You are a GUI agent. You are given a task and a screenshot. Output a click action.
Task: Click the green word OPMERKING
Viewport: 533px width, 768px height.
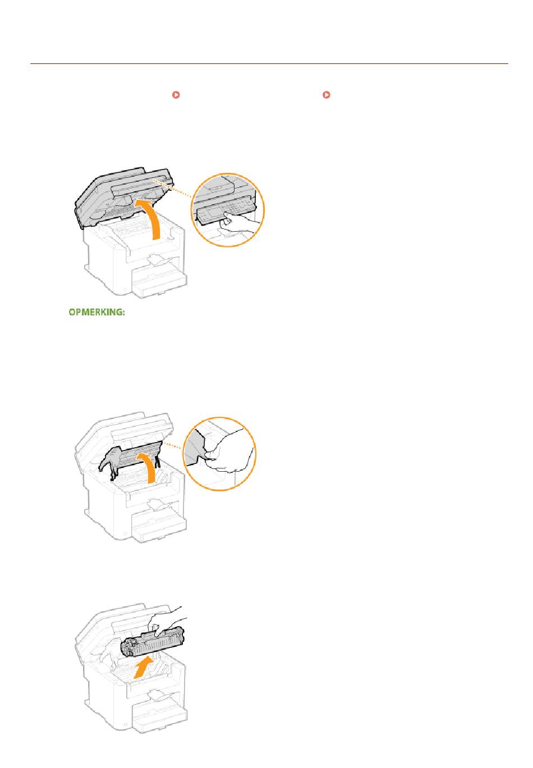pos(97,312)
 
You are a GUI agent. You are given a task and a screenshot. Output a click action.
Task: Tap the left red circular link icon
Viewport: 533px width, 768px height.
pos(176,95)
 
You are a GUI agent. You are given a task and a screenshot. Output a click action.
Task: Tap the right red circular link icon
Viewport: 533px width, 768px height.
pos(327,95)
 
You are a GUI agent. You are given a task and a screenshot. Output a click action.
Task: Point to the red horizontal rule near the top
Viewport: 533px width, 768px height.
pos(269,63)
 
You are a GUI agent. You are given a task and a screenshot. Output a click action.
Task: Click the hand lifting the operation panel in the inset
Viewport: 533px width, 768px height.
pos(237,224)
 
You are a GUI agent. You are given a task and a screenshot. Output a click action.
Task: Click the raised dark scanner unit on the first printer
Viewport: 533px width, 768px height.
pos(124,198)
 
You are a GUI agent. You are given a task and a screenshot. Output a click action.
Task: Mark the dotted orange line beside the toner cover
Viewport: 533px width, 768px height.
pos(174,446)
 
